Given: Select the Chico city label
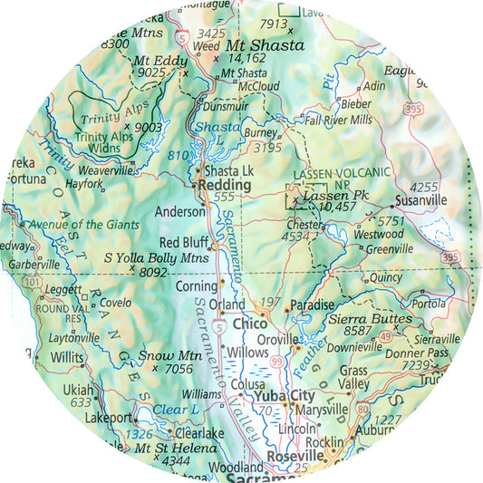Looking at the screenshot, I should pyautogui.click(x=249, y=324).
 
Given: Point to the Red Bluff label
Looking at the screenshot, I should pyautogui.click(x=183, y=243).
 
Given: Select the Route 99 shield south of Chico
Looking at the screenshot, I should pyautogui.click(x=274, y=362).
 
